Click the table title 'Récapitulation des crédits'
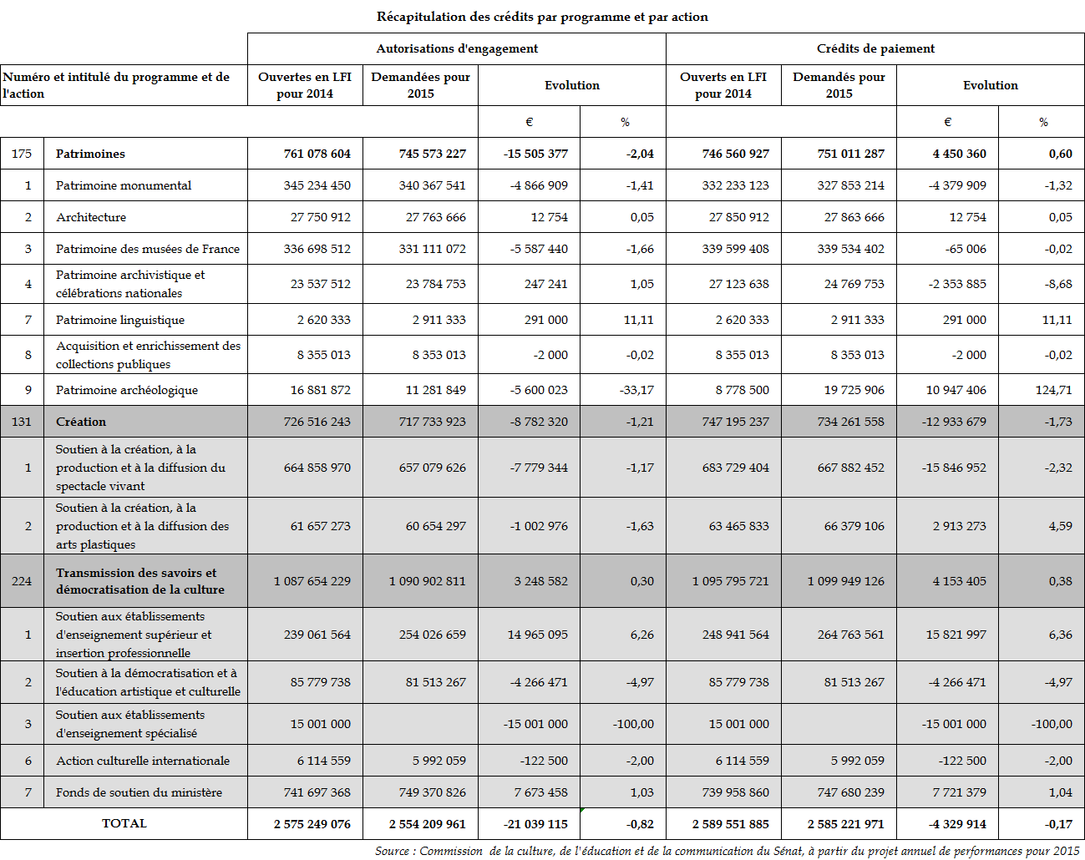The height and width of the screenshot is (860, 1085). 542,17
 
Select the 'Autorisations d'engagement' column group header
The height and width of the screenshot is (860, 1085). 457,48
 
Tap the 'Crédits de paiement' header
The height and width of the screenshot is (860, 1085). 875,48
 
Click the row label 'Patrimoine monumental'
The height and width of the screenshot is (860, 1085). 124,185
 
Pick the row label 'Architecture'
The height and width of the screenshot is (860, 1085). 91,217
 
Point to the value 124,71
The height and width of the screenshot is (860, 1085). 1053,390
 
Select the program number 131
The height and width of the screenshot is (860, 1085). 22,422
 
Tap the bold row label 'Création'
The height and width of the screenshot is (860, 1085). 81,422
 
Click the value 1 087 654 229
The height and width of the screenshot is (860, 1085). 312,581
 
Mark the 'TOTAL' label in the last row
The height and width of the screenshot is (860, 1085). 124,823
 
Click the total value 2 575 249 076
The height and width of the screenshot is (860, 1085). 312,824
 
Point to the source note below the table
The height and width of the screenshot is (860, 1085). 727,851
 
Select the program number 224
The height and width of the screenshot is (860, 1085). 22,581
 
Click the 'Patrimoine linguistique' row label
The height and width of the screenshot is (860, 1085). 120,320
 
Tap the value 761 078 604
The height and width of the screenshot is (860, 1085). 317,154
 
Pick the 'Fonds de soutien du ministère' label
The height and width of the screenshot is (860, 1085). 139,792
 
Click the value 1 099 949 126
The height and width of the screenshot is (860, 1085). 845,581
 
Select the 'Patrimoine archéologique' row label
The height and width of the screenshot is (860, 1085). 127,390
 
